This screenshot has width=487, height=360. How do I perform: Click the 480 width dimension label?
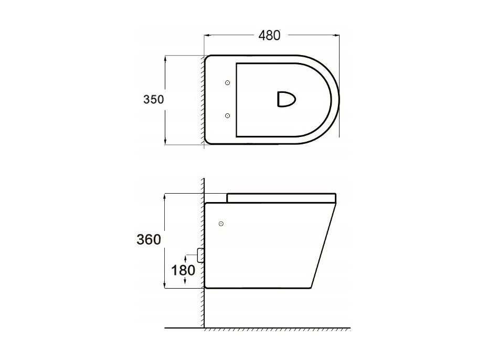tap(269, 35)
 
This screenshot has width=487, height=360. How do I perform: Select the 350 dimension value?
tap(153, 99)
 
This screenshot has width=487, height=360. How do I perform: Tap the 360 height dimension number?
tap(149, 239)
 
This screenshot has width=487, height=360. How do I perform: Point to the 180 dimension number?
tap(183, 270)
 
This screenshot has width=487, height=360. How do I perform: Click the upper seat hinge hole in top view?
tap(227, 82)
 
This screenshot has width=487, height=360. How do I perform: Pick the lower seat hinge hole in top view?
tap(227, 116)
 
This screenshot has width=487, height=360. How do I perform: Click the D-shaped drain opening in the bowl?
tap(286, 99)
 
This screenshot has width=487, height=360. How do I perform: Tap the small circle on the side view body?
tap(221, 224)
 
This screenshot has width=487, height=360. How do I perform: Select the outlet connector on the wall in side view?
tap(200, 255)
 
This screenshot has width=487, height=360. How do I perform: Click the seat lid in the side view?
tap(281, 198)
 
